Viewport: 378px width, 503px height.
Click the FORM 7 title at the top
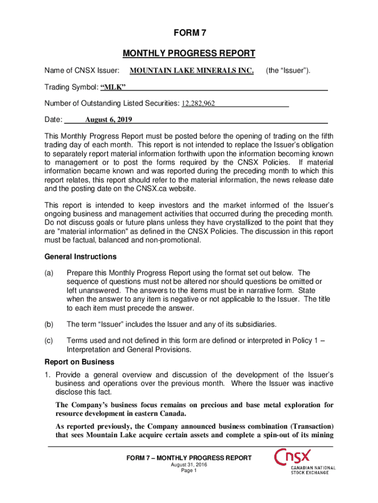coord(189,33)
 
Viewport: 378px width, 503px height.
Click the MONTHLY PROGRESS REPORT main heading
coord(189,53)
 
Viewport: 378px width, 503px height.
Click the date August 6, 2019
coord(108,119)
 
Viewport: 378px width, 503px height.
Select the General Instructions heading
coord(81,256)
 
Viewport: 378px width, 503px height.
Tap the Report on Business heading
coord(80,362)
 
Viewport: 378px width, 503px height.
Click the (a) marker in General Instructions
coord(49,273)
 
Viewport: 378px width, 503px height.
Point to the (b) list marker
coord(49,324)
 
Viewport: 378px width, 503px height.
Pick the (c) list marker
coord(49,340)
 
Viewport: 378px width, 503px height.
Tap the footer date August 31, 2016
coord(189,465)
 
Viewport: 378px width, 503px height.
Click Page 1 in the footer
coord(189,471)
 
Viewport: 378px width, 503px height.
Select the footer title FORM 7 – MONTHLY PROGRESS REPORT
coord(189,458)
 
